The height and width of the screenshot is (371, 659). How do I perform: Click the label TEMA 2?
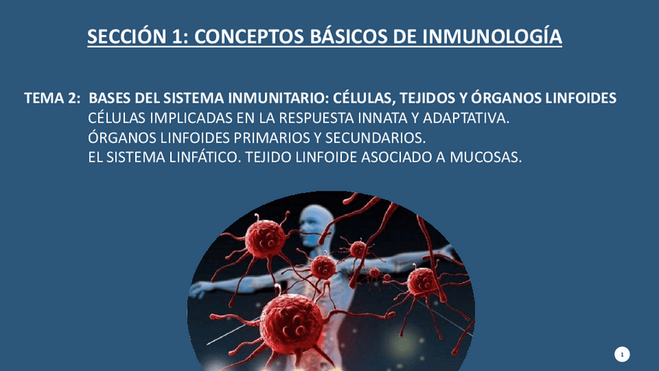click(52, 98)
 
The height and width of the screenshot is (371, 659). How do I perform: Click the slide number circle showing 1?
click(622, 355)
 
